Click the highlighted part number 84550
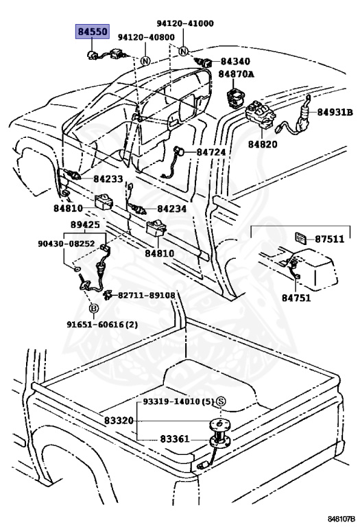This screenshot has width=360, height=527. click(x=93, y=32)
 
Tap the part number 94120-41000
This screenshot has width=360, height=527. click(x=185, y=23)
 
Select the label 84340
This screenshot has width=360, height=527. click(x=235, y=61)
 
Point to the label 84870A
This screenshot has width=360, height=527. click(x=236, y=74)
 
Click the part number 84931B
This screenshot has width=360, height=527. click(x=335, y=113)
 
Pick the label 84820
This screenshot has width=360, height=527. click(x=263, y=144)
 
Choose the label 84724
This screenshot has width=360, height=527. click(x=211, y=152)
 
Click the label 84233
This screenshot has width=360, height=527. click(x=108, y=179)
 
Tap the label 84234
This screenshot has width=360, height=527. click(x=171, y=209)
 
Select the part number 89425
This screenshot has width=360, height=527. click(x=85, y=224)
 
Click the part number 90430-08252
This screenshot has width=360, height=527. click(x=66, y=244)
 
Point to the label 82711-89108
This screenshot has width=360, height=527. click(x=147, y=295)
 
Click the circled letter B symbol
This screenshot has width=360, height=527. click(x=93, y=308)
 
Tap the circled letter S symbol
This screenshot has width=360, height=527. click(x=221, y=401)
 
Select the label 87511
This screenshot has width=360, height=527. click(x=329, y=239)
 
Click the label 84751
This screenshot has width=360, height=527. click(x=296, y=298)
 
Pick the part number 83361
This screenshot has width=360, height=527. click(x=175, y=439)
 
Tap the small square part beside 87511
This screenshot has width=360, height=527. click(x=301, y=237)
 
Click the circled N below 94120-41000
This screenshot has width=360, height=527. click(x=183, y=51)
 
